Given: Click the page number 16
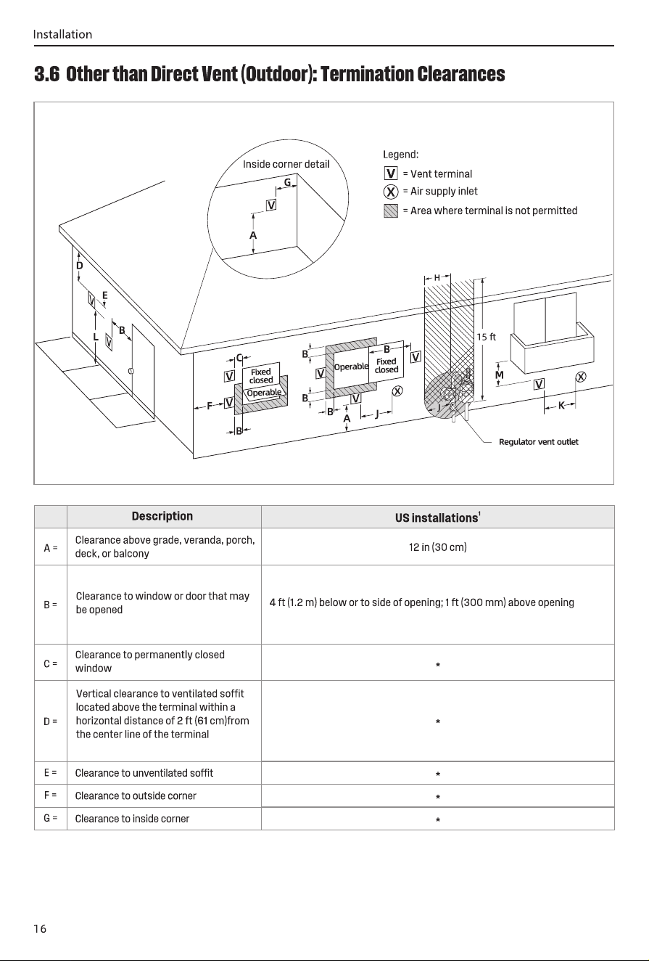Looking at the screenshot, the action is click(40, 929).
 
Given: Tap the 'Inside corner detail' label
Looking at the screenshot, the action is click(286, 164).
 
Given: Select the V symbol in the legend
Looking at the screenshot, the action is click(391, 173).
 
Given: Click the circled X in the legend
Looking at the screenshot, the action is click(391, 192).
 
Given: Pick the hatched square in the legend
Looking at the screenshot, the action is click(391, 210).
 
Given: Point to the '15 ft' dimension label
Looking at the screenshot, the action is click(486, 338).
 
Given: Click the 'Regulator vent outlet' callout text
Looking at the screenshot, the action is click(538, 442).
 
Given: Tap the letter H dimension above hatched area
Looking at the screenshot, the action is click(437, 278).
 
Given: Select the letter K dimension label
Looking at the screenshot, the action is click(561, 406).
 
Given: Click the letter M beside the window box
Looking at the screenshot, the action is click(500, 375).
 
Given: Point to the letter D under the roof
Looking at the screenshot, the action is click(79, 266).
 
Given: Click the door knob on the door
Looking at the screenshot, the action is click(131, 371).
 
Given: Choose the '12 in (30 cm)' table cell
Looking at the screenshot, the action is click(438, 547).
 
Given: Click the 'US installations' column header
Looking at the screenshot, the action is click(438, 518).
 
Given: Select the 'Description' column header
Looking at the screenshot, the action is click(162, 516).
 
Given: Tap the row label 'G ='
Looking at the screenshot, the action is click(50, 818).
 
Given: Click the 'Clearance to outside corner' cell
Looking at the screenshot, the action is click(136, 796).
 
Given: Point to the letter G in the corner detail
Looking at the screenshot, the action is click(288, 182).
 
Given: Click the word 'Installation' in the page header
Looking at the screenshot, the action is click(62, 34).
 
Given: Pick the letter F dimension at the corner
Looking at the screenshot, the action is click(210, 406).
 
